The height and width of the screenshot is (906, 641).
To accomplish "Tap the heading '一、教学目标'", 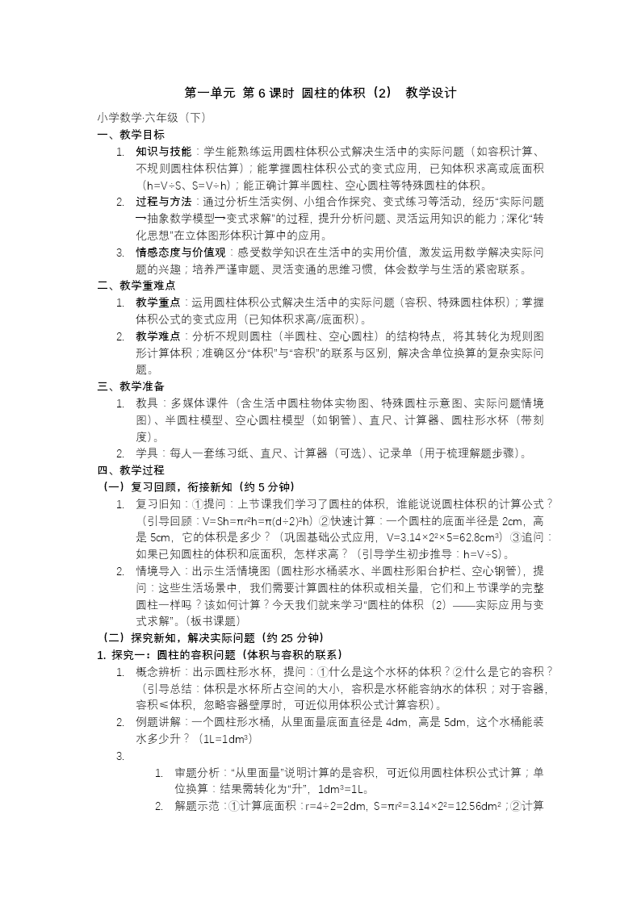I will (x=131, y=134).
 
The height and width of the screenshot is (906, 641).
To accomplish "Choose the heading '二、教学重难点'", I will (x=136, y=285).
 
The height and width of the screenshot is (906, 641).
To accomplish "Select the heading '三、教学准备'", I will (x=131, y=386).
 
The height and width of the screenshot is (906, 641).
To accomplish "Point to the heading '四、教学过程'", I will (x=131, y=470).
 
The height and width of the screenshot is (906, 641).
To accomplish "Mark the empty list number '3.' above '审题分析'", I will (x=120, y=756).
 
